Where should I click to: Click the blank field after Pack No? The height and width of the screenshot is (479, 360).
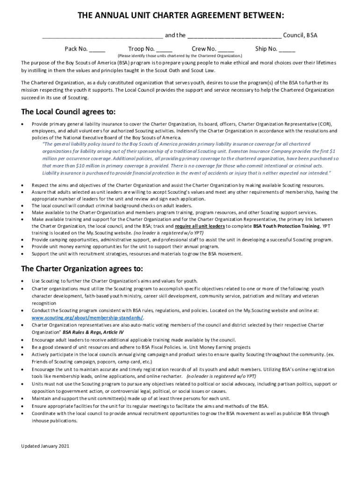point(97,49)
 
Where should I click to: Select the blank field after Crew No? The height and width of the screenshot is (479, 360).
point(226,49)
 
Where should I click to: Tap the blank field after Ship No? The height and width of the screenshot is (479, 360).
point(287,49)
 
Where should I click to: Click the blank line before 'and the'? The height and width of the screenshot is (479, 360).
point(102,36)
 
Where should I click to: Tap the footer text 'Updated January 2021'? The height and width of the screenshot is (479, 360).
point(45,446)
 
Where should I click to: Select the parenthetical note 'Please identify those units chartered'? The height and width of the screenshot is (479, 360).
point(180,56)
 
